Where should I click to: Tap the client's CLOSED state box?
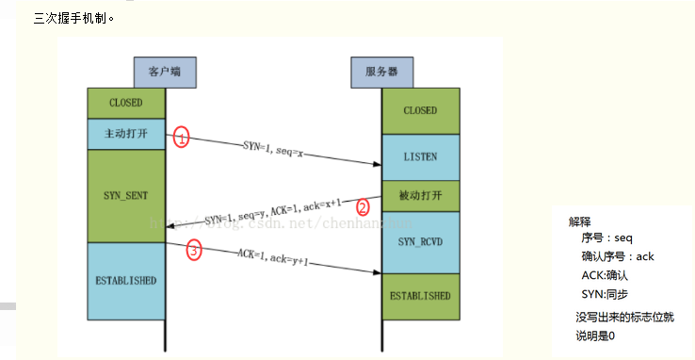[x=126, y=102]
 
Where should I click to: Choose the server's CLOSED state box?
[x=420, y=110]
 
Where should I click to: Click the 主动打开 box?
[x=126, y=134]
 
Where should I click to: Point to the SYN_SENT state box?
[x=126, y=194]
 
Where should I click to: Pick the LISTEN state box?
[x=420, y=155]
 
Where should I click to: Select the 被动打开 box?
[x=420, y=195]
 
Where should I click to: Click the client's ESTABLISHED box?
[x=126, y=281]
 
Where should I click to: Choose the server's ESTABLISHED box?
[x=420, y=295]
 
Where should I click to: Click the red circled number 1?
[x=183, y=138]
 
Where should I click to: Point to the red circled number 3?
[x=194, y=252]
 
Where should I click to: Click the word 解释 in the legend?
[x=580, y=222]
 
